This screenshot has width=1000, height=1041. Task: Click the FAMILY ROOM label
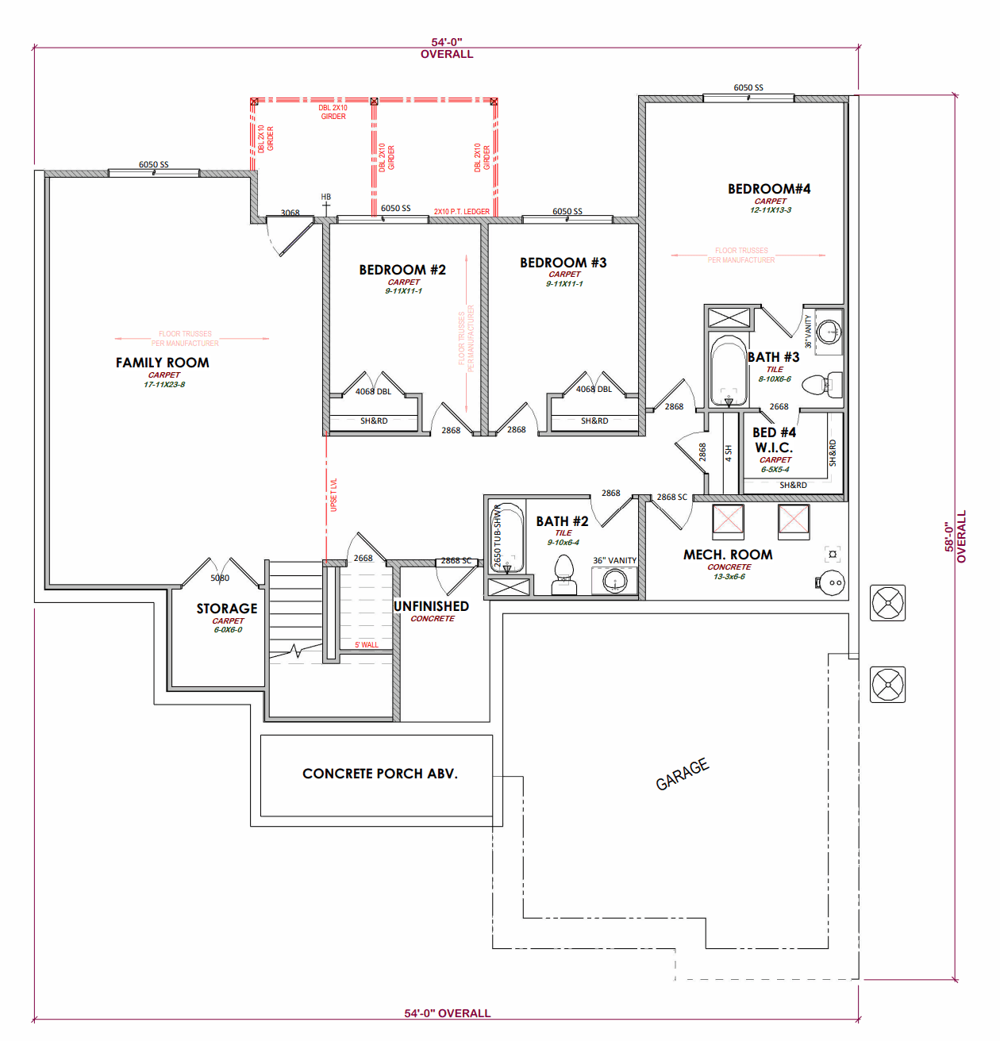click(x=163, y=363)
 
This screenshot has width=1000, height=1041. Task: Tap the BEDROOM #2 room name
click(x=402, y=270)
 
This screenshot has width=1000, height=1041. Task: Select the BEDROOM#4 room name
click(x=769, y=189)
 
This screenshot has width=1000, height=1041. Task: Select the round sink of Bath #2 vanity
click(x=615, y=581)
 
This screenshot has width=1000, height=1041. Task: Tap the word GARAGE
click(x=682, y=774)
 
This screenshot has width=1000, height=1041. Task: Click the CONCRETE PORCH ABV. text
click(x=380, y=774)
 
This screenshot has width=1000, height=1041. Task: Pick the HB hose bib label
click(x=326, y=197)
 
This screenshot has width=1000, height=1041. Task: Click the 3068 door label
click(x=290, y=213)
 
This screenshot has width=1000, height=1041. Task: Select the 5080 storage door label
click(x=220, y=578)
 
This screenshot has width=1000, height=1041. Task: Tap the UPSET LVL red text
click(x=334, y=494)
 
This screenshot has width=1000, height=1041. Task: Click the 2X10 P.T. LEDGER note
click(x=462, y=212)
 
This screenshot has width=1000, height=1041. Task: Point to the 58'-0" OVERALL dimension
click(x=955, y=537)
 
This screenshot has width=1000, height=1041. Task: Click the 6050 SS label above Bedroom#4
click(x=748, y=88)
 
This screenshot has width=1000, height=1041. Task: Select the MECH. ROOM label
click(x=728, y=555)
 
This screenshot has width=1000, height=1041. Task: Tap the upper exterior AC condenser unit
click(x=888, y=603)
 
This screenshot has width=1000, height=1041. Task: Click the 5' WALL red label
click(x=367, y=645)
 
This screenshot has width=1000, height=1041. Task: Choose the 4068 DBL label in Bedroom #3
click(x=594, y=389)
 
